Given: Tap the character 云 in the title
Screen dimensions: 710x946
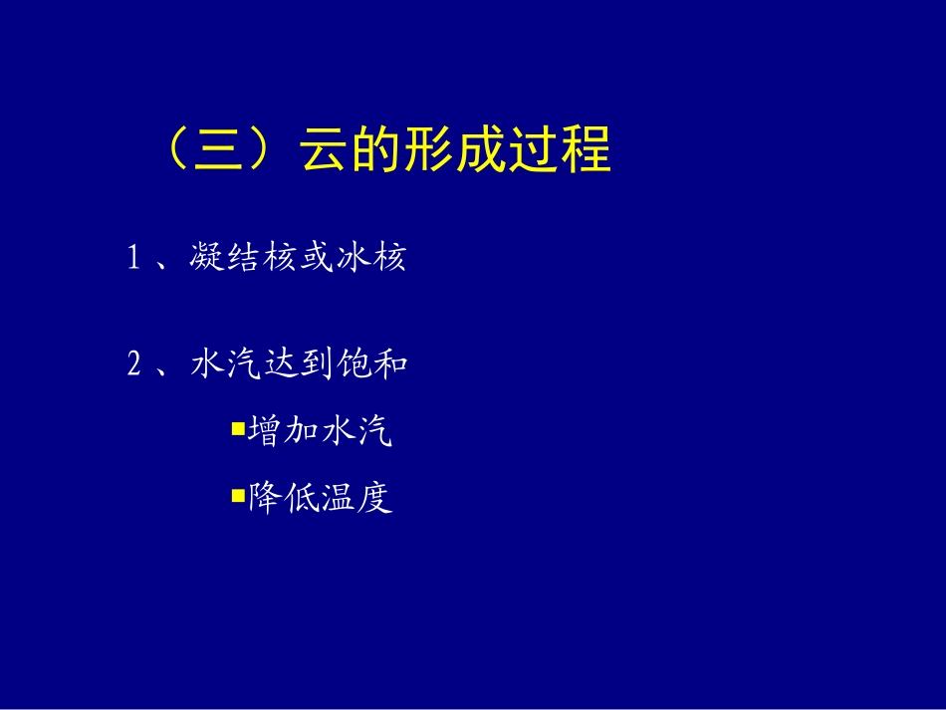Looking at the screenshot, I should pos(323,151).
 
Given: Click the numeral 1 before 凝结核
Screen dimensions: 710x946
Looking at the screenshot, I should pos(132,259).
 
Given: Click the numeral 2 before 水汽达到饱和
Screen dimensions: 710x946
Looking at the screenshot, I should pos(133,365).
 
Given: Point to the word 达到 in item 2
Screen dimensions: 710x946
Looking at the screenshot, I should pos(299,365).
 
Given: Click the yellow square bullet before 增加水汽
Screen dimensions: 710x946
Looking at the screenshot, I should pos(237,429).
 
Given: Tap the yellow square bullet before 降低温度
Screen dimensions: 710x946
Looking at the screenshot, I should pos(237,494).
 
